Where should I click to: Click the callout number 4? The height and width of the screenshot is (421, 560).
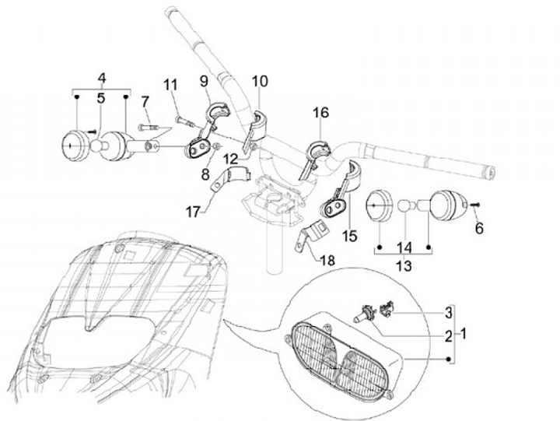coord(101,78)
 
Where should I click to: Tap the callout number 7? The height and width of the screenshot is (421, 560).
coord(145,101)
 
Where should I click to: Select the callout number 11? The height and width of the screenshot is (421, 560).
coord(170,85)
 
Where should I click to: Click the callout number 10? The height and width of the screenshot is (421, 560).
coord(259,80)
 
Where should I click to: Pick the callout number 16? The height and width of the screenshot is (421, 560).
coord(321,114)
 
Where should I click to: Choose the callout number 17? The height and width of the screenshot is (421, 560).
coord(192,210)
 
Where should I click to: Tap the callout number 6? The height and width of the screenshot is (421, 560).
coord(479,228)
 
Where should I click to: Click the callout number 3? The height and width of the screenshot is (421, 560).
coord(447,314)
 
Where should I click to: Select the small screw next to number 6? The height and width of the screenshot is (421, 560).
coord(473,204)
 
